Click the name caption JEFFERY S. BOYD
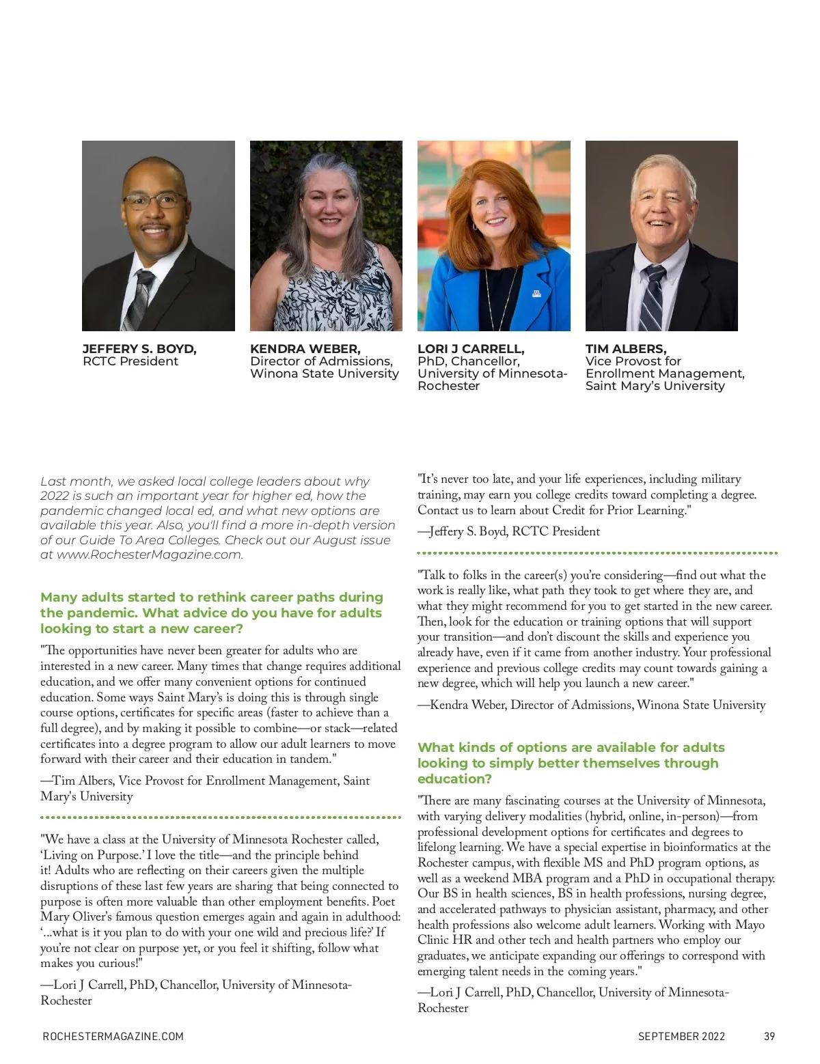click(139, 349)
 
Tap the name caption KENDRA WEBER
click(305, 349)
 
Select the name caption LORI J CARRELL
click(471, 349)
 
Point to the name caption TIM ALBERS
click(626, 349)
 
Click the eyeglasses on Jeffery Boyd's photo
click(155, 201)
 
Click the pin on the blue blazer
click(536, 294)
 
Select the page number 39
click(769, 1036)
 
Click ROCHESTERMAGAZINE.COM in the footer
click(113, 1036)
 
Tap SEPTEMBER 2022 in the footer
click(681, 1036)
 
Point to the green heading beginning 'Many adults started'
click(211, 613)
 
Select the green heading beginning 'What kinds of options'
click(571, 763)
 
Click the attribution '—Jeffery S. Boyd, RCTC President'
click(508, 531)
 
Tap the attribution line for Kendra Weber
click(591, 705)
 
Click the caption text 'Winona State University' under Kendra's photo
click(324, 374)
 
